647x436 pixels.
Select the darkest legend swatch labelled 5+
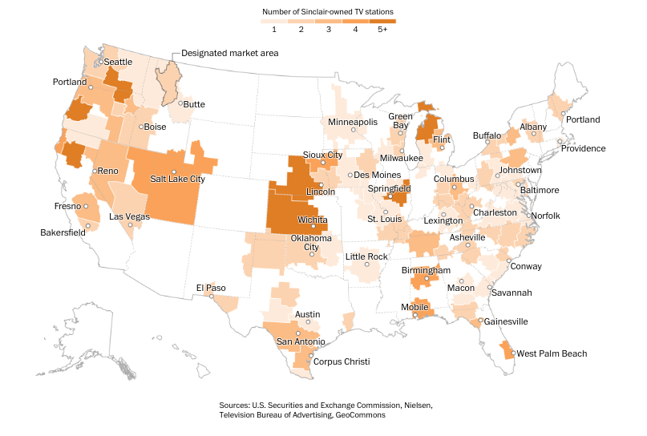382,21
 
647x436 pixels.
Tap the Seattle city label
118,62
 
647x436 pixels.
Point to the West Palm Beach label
552,353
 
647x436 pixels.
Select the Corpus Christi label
341,362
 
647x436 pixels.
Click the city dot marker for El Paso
212,296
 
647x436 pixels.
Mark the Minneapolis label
353,122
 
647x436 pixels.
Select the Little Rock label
366,256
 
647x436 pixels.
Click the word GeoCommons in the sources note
361,416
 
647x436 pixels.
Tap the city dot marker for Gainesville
480,321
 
